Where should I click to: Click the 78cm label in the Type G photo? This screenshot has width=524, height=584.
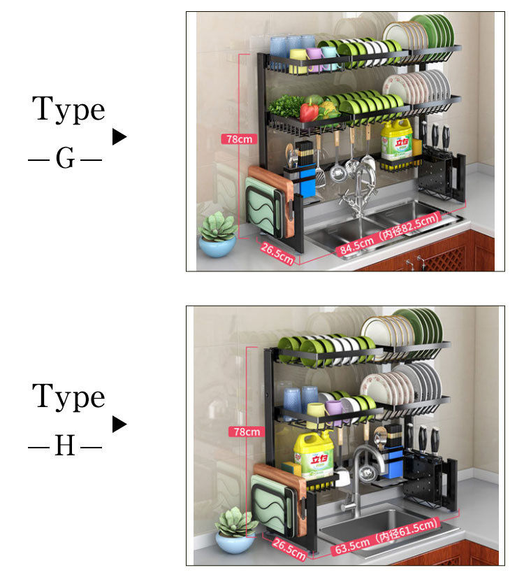237,138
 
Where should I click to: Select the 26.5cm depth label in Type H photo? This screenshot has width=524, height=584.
288,548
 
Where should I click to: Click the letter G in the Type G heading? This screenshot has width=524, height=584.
65,160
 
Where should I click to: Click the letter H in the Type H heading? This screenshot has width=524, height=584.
65,446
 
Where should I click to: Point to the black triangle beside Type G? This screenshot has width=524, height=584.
119,136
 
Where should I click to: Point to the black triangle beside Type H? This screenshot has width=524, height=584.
119,424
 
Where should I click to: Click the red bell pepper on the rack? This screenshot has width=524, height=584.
310,111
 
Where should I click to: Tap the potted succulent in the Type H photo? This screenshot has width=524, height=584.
235,529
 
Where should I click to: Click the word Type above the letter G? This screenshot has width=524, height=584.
68,111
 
